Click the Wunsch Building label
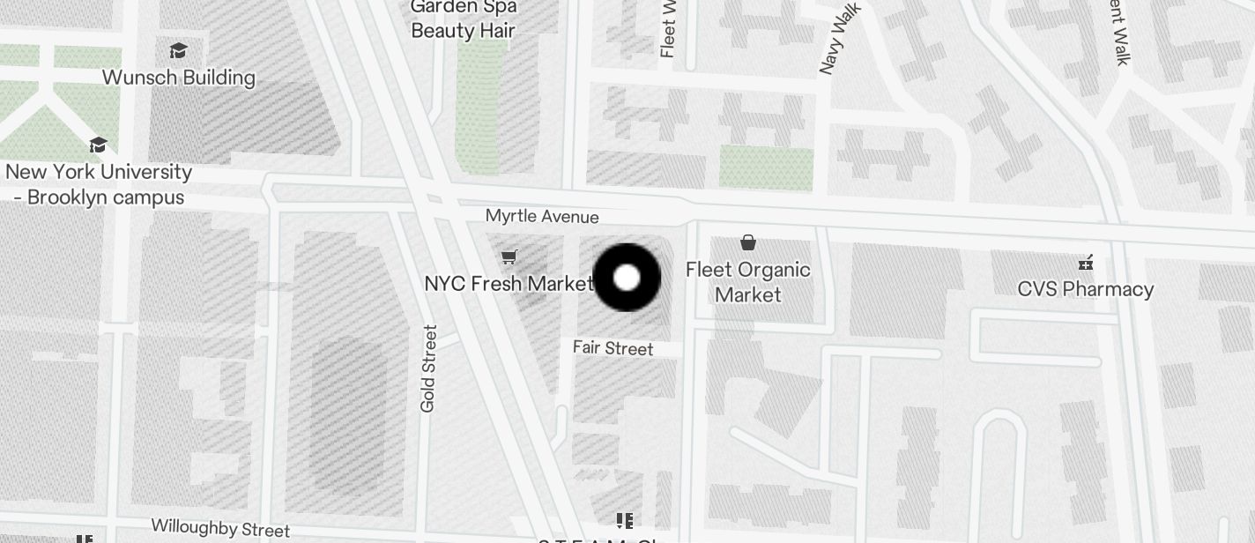coord(179,78)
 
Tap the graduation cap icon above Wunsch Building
coord(179,50)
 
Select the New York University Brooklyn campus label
coord(99,184)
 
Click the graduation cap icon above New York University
coord(98,145)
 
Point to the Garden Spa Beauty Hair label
coord(463,19)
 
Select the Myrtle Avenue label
coord(542,217)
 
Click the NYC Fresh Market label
coord(509,284)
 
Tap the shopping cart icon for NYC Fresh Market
coord(509,257)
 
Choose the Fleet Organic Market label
coord(748,282)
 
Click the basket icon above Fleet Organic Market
coord(748,242)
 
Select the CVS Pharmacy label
coord(1085,289)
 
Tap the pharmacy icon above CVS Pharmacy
coord(1086,262)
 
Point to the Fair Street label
coord(613,348)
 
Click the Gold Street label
coord(429,368)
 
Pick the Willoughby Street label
coord(220,528)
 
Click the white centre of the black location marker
coord(627,278)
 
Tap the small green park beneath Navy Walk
coord(765,167)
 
